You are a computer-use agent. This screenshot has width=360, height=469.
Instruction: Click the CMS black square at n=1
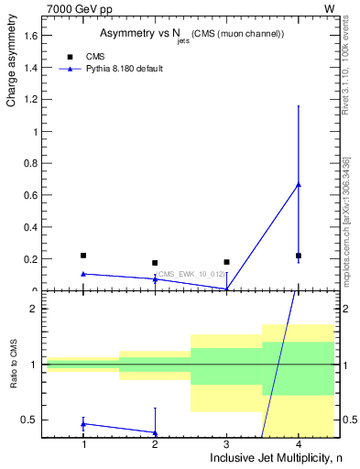pos(83,256)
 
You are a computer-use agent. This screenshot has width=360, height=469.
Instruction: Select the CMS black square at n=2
pos(155,263)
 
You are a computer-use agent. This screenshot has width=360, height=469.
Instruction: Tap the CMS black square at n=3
pos(226,262)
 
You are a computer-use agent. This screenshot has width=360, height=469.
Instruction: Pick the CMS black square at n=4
pos(299,256)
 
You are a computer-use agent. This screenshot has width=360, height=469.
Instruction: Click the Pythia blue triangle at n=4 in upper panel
pos(299,185)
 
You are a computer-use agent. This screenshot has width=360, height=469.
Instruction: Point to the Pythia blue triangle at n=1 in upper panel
pos(83,274)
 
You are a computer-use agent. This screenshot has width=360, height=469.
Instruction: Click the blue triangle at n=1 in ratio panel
pos(83,423)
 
